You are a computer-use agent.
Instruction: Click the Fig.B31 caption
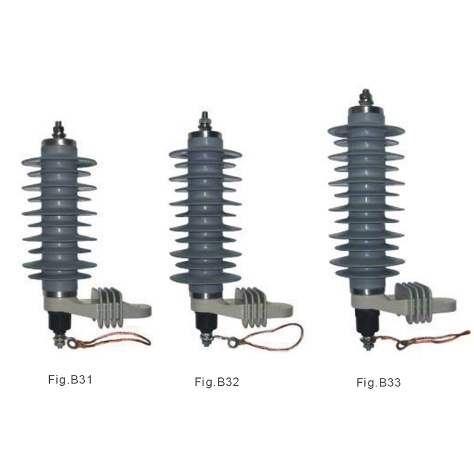pos(70,379)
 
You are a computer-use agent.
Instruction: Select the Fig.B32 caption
pos(217,382)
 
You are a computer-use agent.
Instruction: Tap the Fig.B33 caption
pos(379,382)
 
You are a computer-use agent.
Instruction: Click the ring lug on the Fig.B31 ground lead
pos(72,342)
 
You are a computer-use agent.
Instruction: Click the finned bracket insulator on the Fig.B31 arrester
pos(110,306)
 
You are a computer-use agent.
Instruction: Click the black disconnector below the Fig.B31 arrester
pos(59,324)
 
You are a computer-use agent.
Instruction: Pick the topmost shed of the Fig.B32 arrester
pos(205,153)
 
